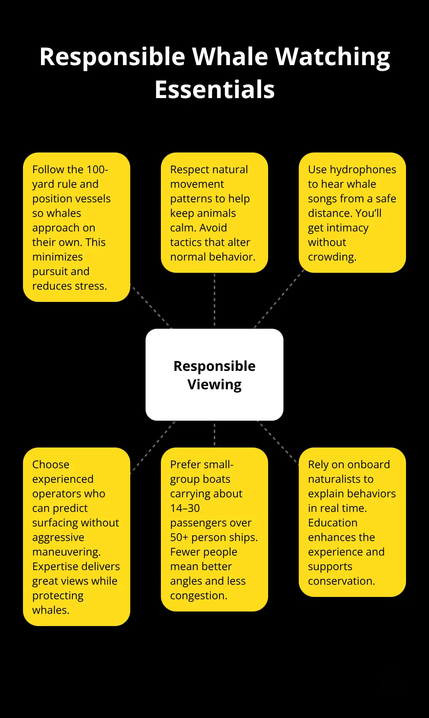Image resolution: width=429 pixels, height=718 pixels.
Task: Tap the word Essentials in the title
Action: tap(215, 90)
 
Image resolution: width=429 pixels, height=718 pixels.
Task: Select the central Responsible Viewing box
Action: tap(215, 375)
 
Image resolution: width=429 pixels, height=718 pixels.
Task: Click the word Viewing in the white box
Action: tap(215, 385)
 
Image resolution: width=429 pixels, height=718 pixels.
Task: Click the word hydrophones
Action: tap(363, 170)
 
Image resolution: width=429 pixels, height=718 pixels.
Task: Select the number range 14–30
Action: tap(185, 508)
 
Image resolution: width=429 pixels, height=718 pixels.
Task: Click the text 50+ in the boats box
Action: tap(179, 538)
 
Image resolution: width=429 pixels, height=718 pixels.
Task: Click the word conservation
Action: tap(341, 581)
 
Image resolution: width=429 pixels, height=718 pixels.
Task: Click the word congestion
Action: tap(199, 596)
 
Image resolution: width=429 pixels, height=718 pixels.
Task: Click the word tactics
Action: tap(188, 243)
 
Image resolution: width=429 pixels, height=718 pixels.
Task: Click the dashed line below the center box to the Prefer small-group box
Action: tap(215, 434)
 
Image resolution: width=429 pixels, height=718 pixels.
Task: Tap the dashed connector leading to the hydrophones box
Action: tap(279, 299)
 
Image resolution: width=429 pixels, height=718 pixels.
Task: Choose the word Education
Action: tap(332, 523)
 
